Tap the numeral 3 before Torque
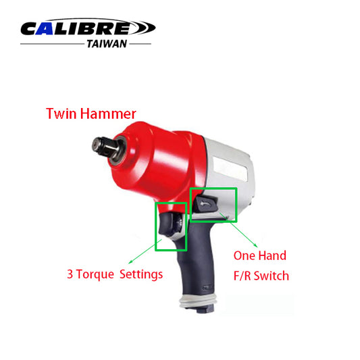point(70,275)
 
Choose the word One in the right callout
point(245,256)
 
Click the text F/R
point(245,276)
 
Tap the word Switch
point(276,276)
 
